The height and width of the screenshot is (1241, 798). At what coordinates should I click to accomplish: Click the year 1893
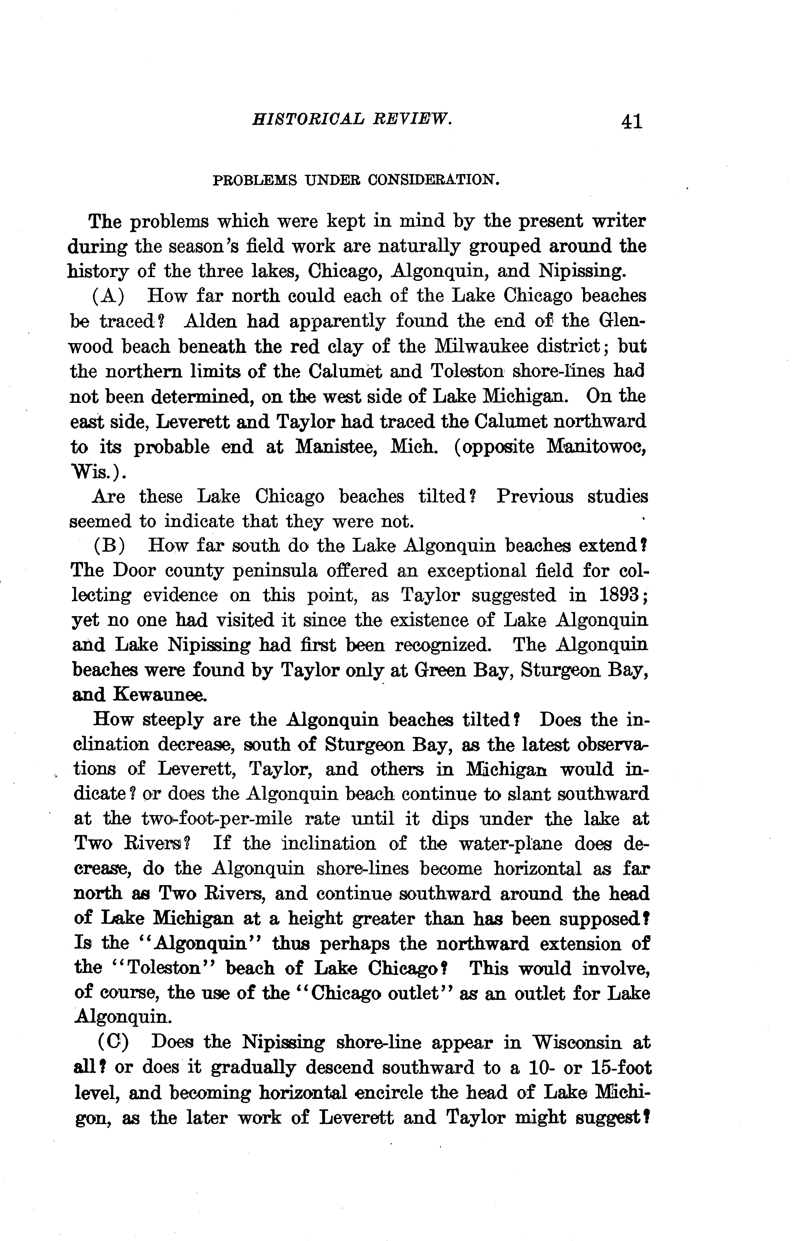click(x=619, y=595)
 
